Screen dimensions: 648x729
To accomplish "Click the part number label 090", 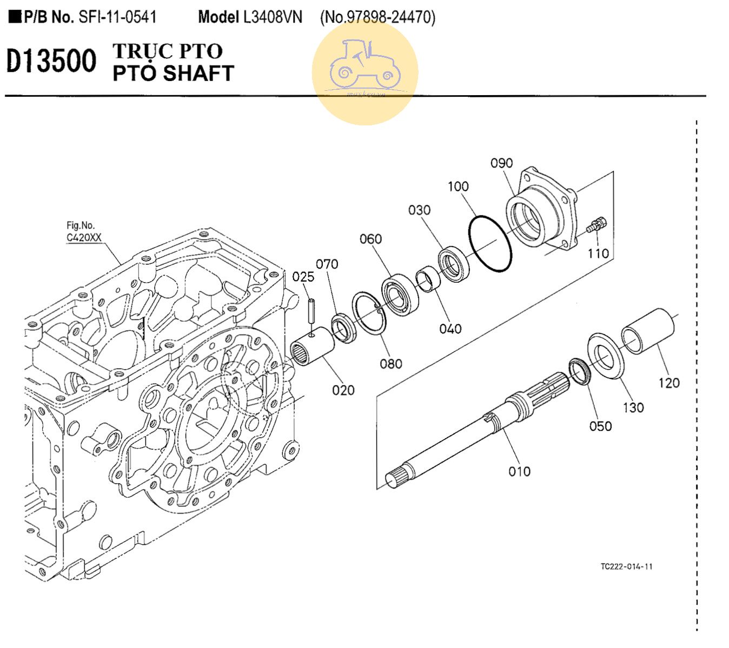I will tap(501, 163).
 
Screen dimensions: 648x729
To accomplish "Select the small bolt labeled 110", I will tap(597, 224).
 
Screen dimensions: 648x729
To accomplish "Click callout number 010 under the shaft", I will tap(519, 471).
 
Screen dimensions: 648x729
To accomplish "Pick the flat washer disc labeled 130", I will tap(606, 356).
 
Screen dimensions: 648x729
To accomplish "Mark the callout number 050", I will tap(600, 426).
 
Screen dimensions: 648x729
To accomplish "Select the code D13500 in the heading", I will tap(51, 61).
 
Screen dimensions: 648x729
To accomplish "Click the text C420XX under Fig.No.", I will tap(84, 237).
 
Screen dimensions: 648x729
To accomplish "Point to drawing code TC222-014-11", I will tap(626, 566).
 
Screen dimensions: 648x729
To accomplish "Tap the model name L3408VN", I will tap(273, 17).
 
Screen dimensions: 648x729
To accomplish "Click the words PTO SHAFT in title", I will tap(173, 73).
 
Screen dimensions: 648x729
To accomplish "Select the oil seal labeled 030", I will tap(453, 263).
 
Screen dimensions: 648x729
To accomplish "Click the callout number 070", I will tap(327, 264).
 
